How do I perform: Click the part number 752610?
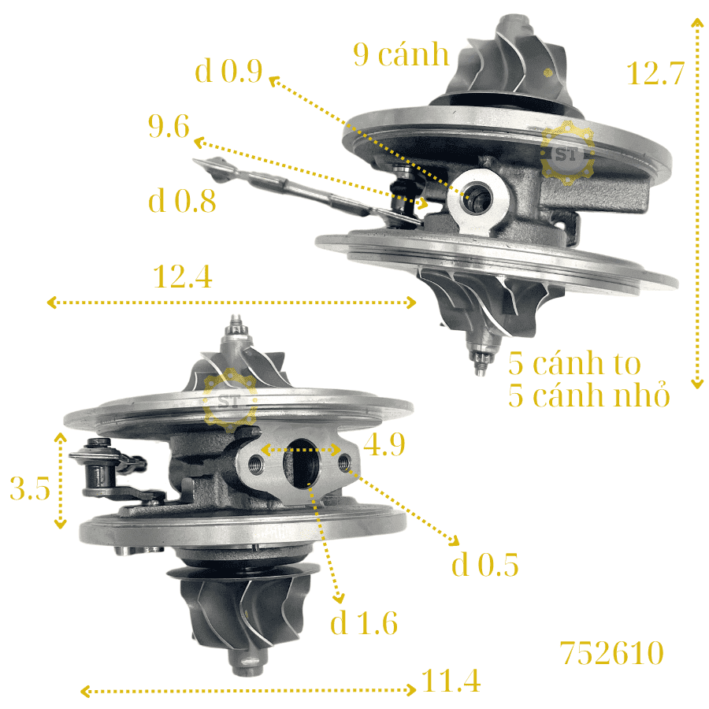(612, 653)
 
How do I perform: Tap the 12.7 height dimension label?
(655, 73)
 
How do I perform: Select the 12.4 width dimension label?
(183, 277)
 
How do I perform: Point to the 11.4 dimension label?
(451, 681)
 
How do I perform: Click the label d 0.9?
(228, 71)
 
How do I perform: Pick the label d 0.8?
(182, 201)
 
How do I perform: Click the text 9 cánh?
(401, 54)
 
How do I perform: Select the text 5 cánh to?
(574, 362)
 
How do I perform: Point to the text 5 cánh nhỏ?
(588, 395)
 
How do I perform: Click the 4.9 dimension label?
(384, 444)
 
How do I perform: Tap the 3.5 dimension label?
(30, 488)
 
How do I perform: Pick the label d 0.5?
(484, 564)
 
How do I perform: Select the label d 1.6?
(364, 622)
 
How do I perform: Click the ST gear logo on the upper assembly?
(567, 153)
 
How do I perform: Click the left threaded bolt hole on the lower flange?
(256, 463)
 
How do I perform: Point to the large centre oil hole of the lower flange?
(301, 463)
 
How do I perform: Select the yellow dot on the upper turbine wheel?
(548, 72)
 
